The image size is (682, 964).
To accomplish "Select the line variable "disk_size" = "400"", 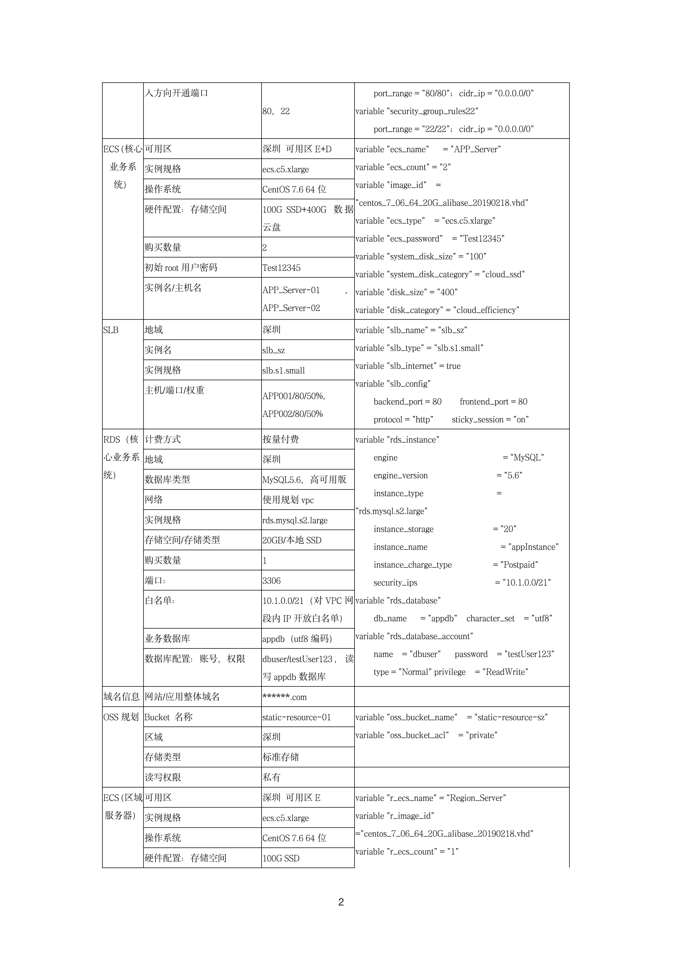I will (x=406, y=292).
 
